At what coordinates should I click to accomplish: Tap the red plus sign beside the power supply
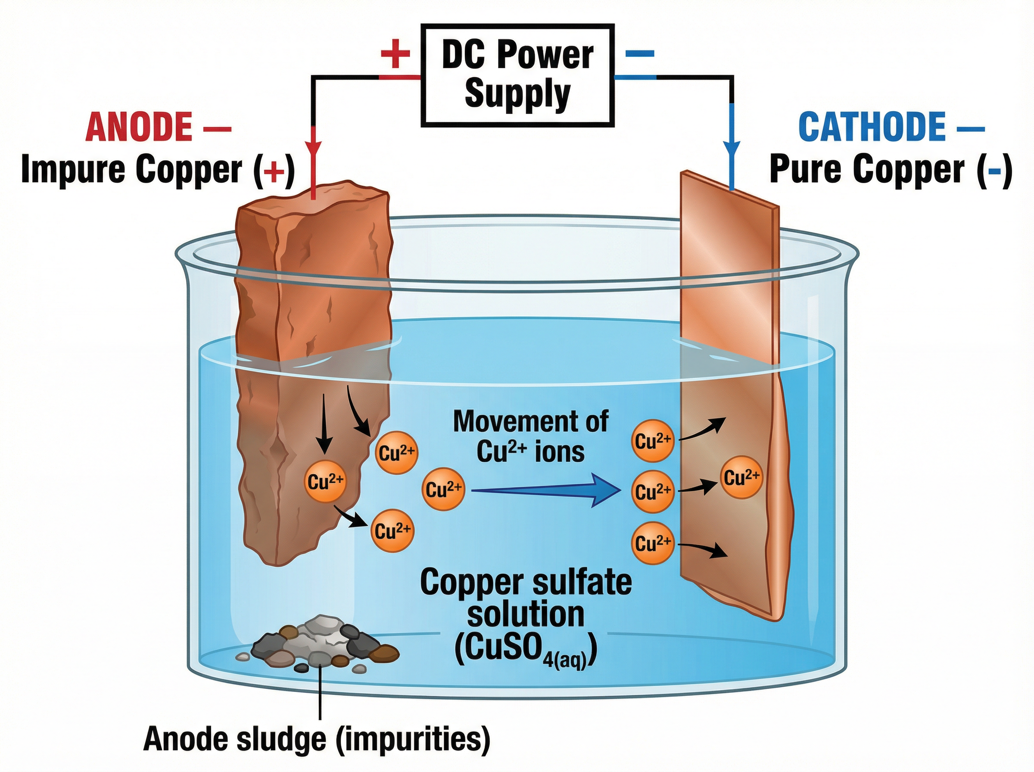click(x=395, y=53)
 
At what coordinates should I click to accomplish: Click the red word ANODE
click(x=139, y=127)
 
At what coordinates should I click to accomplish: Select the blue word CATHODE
click(x=872, y=127)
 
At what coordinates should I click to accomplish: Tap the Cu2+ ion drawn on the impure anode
click(x=326, y=481)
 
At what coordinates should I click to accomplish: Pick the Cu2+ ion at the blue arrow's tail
click(x=443, y=489)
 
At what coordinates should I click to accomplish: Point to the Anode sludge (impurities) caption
click(x=317, y=739)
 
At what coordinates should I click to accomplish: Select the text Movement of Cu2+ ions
click(x=531, y=436)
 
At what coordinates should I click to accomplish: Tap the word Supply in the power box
click(x=517, y=93)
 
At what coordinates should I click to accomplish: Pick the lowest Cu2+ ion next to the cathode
click(x=653, y=543)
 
